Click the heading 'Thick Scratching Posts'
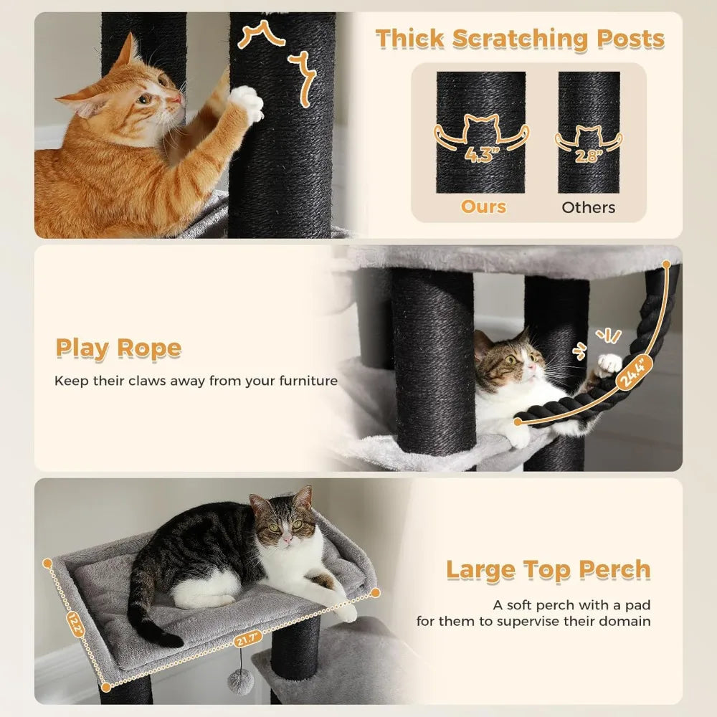coord(520,39)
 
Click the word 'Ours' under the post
coord(483,206)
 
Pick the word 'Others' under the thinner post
coord(588,207)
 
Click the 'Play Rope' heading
coord(118,348)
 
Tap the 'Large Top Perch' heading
coord(548,570)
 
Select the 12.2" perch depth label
coord(75,625)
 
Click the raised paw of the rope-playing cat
coord(608,364)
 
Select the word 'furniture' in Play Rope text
coord(308,381)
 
